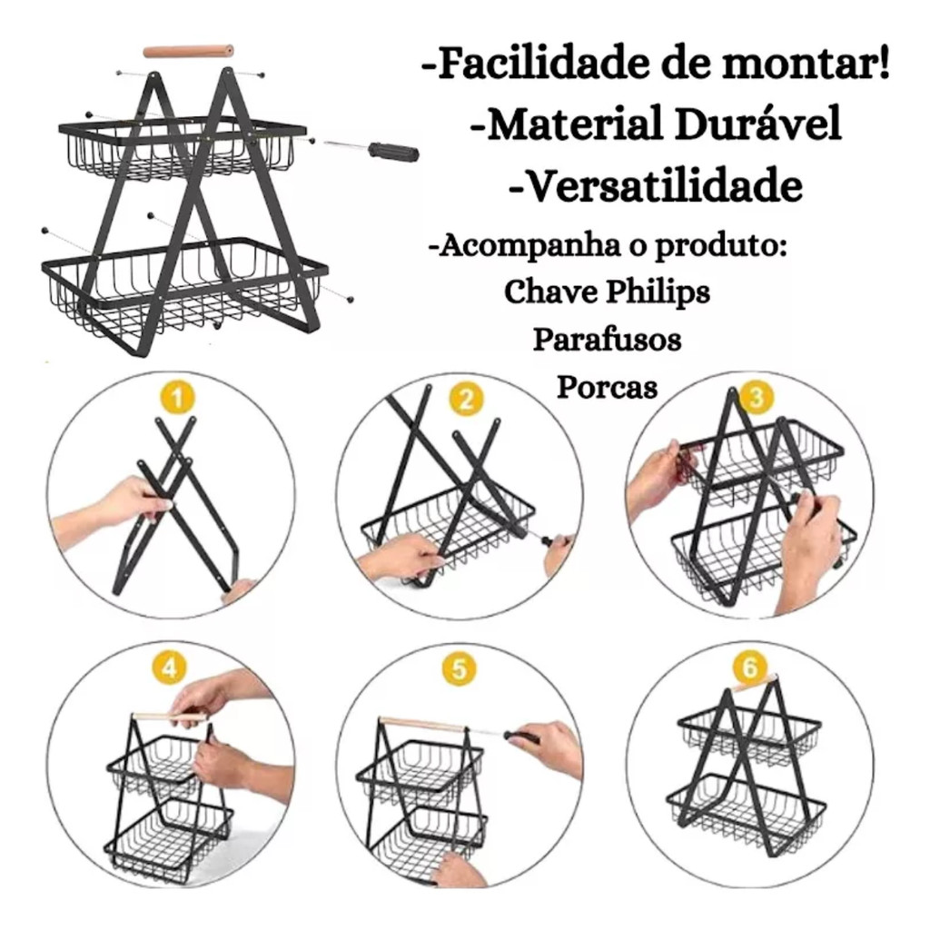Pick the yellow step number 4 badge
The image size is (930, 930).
click(170, 668)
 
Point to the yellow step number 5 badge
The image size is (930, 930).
click(460, 669)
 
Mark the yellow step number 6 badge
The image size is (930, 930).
click(750, 667)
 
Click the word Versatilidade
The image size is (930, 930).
click(656, 185)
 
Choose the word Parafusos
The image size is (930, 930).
click(607, 340)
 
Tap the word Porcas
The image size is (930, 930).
click(607, 387)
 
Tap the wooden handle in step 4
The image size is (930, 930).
click(170, 717)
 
